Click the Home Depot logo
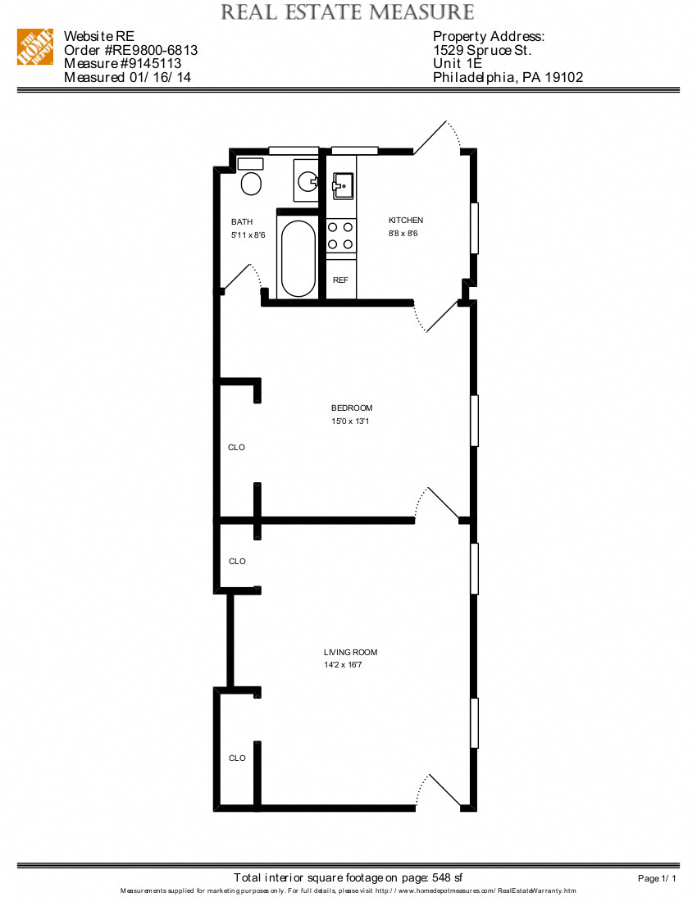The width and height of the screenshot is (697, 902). tap(35, 48)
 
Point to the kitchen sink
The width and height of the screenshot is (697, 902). tap(342, 186)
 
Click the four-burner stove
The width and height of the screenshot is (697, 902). tap(341, 235)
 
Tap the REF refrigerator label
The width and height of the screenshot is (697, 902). tap(340, 280)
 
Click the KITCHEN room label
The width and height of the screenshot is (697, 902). tap(406, 221)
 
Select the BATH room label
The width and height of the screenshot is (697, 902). tap(242, 222)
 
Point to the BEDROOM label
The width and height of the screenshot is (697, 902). tap(352, 408)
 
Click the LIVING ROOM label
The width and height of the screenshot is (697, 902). tap(351, 653)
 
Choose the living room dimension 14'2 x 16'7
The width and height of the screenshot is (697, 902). tap(343, 665)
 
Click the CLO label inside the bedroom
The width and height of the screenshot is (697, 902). tap(236, 448)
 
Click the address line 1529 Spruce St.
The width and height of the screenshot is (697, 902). tap(482, 50)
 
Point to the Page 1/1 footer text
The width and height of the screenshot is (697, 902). tap(657, 879)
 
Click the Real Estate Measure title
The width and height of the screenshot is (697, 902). tap(348, 12)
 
